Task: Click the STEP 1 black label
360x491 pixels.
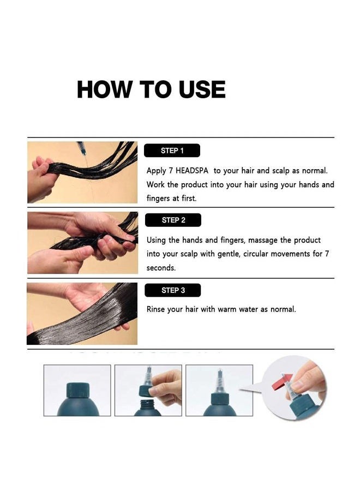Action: [172, 151]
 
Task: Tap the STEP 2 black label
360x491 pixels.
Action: [173, 220]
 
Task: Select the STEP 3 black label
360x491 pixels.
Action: [173, 290]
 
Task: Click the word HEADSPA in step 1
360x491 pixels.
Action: [192, 171]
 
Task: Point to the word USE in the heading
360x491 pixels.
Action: [202, 89]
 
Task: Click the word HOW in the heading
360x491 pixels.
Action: [105, 89]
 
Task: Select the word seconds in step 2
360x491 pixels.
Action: [161, 268]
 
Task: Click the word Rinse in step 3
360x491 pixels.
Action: [155, 309]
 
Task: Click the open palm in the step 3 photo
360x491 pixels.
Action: [86, 296]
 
